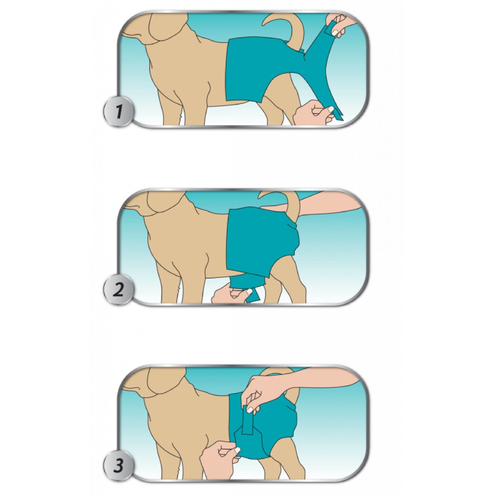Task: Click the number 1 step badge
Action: pyautogui.click(x=118, y=111)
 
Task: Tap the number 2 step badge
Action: pyautogui.click(x=118, y=290)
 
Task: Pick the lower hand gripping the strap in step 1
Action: pyautogui.click(x=312, y=113)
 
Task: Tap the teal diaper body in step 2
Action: pyautogui.click(x=262, y=238)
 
